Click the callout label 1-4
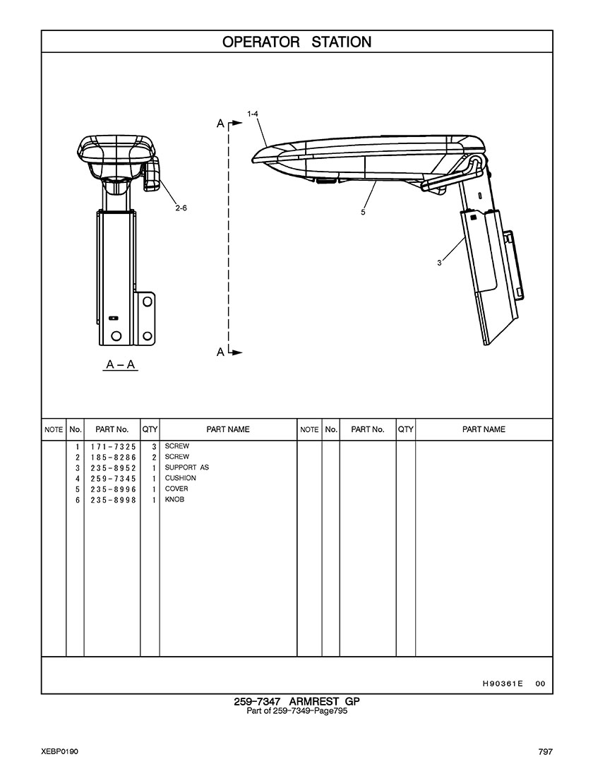click(253, 114)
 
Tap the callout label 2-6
click(181, 208)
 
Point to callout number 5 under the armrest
click(363, 213)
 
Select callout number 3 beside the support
click(440, 263)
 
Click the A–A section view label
click(121, 364)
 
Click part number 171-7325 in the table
click(113, 447)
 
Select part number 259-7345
click(113, 479)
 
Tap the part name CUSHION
click(181, 478)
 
